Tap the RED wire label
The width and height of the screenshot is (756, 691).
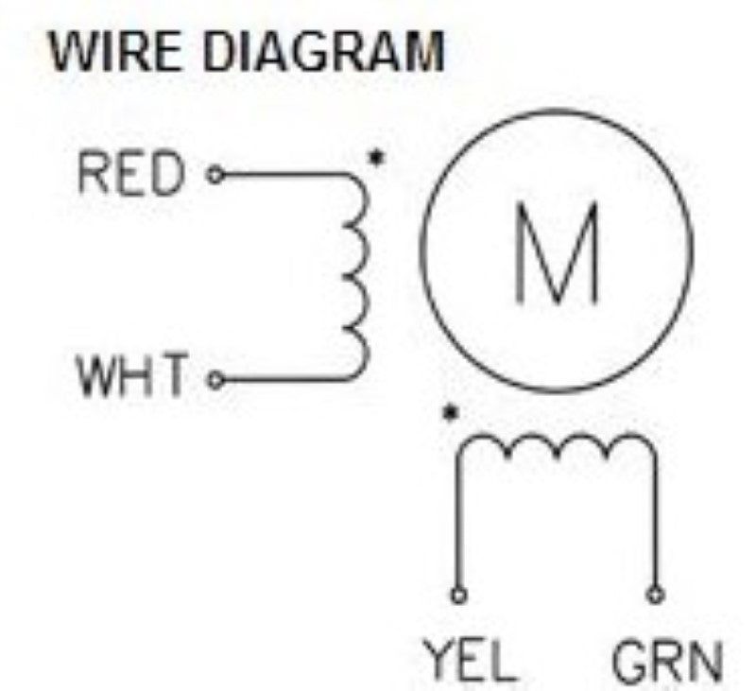click(131, 176)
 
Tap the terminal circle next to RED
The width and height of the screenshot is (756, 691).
click(215, 176)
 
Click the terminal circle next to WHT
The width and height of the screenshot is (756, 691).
click(215, 380)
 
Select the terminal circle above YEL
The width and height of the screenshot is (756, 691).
click(459, 596)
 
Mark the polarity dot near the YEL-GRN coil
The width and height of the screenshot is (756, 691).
click(453, 413)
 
